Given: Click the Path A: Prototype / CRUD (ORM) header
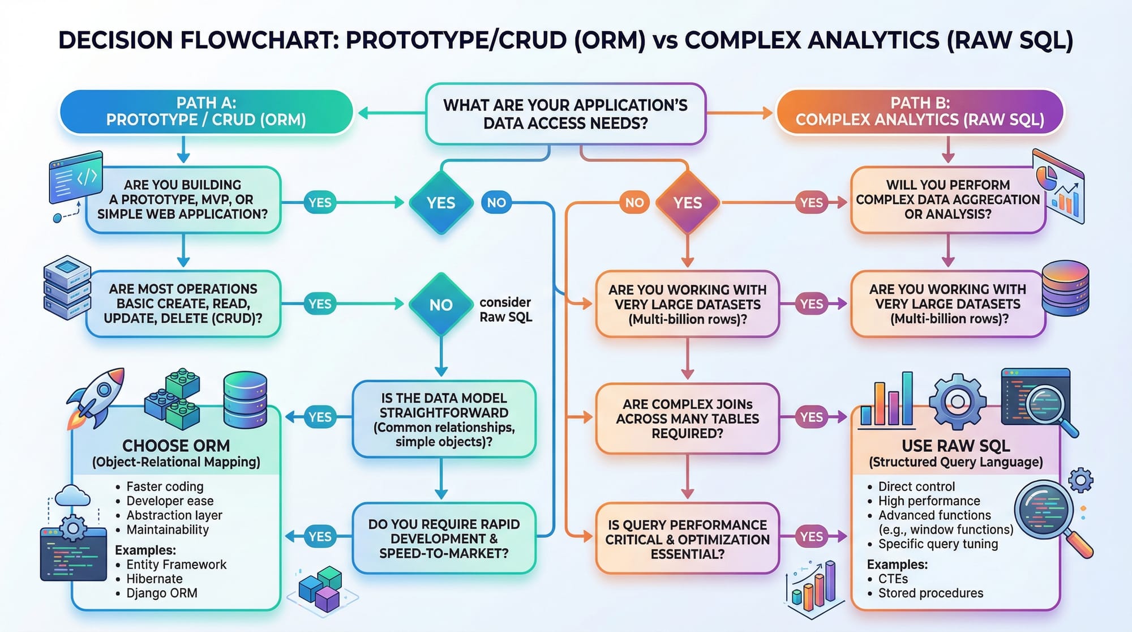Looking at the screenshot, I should (x=206, y=112).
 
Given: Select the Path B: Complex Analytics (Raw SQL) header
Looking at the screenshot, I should (x=920, y=112).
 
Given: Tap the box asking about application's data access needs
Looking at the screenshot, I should (x=565, y=114).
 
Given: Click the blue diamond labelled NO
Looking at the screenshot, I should (x=441, y=305).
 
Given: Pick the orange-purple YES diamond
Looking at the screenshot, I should (x=687, y=203).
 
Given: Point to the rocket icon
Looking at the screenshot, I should (x=97, y=396).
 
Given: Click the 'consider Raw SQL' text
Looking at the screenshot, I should (x=505, y=310).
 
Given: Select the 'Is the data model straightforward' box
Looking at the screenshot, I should (x=444, y=420).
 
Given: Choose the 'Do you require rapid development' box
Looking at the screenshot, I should (x=444, y=539).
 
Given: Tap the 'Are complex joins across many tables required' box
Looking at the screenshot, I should (x=687, y=419).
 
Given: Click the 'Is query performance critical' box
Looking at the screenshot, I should (x=687, y=539).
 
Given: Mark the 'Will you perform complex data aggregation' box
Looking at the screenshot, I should (x=947, y=200).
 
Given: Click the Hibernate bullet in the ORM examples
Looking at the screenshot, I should (x=154, y=579).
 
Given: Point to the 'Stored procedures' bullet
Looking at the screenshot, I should (x=931, y=593).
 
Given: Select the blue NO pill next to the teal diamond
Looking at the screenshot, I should (x=496, y=203).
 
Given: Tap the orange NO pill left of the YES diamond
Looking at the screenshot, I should (x=634, y=203).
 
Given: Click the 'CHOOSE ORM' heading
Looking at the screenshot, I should (x=176, y=446).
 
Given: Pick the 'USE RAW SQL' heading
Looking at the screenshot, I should (x=955, y=446).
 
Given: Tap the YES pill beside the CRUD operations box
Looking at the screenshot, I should (x=320, y=304).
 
